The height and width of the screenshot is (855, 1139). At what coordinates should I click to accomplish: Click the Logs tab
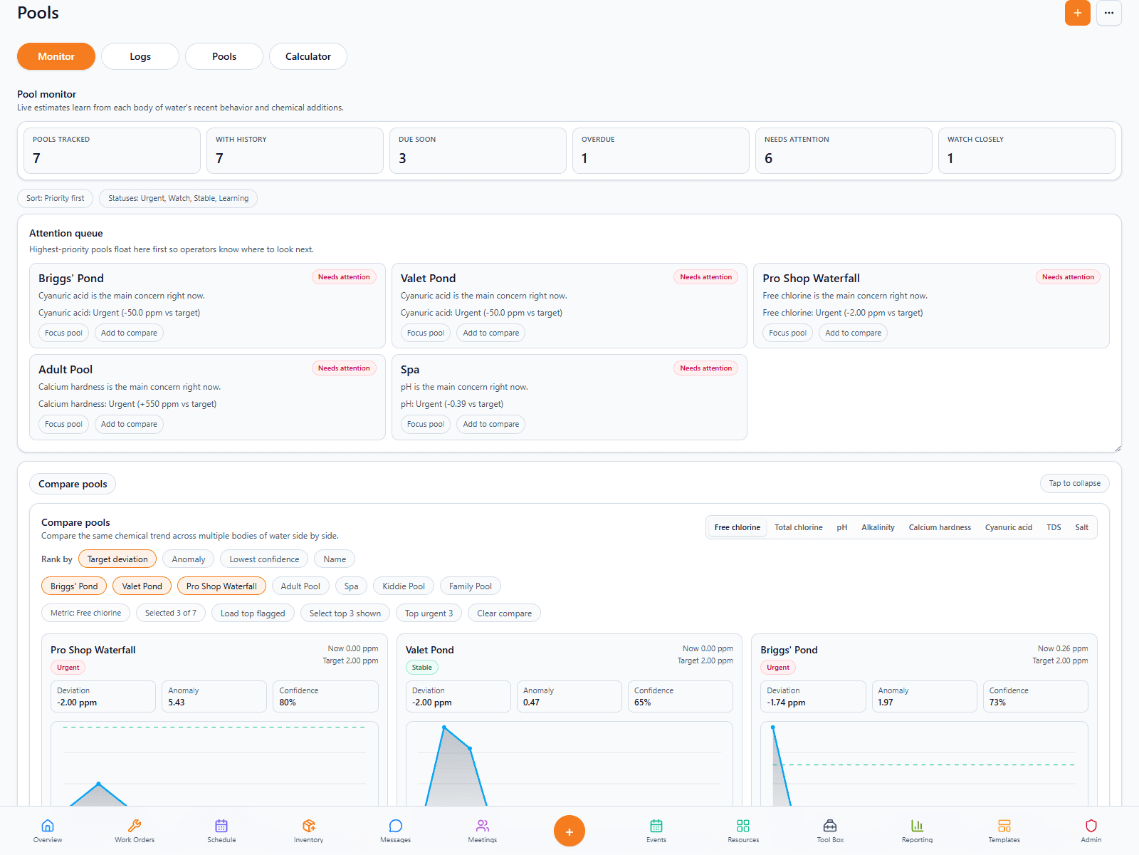point(140,56)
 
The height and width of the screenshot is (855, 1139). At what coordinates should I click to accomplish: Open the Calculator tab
point(308,56)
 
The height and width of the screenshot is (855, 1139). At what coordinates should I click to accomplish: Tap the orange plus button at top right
point(1077,13)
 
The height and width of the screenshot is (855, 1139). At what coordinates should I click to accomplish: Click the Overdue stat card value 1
point(584,158)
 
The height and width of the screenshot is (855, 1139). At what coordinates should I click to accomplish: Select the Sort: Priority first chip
point(55,198)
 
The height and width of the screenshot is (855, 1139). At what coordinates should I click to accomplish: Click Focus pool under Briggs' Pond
point(63,333)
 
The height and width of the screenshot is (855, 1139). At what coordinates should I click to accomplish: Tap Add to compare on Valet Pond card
point(490,333)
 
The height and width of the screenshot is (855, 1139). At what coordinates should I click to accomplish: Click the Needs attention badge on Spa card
point(705,368)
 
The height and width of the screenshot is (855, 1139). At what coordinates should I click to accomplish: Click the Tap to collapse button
point(1074,483)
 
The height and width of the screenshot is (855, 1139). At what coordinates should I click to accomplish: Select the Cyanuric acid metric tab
point(1008,527)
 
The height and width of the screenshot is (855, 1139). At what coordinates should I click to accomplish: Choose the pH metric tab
point(841,527)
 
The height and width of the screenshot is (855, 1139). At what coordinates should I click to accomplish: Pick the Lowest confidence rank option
point(263,559)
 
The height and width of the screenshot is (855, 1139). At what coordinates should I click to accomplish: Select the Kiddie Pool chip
point(403,586)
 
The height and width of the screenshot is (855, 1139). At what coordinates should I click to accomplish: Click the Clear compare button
point(504,613)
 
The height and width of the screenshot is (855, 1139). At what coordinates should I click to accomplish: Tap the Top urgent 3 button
point(429,613)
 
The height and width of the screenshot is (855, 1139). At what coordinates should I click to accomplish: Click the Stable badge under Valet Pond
point(421,668)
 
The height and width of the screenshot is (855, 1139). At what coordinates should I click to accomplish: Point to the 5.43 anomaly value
point(177,703)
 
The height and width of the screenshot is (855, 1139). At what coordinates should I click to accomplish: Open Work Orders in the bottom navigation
point(135,830)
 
